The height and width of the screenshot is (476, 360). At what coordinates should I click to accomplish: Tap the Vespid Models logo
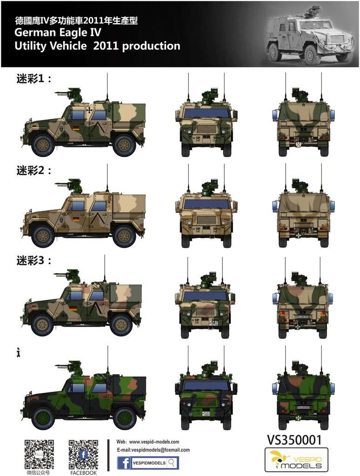click(x=296, y=460)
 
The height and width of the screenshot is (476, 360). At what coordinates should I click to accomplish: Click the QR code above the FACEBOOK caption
click(x=83, y=454)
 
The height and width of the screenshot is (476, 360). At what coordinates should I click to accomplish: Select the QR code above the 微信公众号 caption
click(x=39, y=454)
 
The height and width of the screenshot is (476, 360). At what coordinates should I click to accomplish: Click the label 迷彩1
click(x=34, y=79)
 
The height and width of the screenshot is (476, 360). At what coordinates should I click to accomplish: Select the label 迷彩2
click(x=34, y=170)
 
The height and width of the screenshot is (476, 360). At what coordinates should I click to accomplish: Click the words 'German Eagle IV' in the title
click(x=58, y=33)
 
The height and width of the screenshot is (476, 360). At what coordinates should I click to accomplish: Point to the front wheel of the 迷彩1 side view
click(x=43, y=145)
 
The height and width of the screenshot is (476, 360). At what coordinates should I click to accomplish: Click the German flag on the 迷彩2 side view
click(x=76, y=218)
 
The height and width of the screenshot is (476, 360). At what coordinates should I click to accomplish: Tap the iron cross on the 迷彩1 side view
click(x=88, y=111)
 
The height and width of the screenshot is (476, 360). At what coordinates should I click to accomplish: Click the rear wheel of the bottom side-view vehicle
click(x=125, y=417)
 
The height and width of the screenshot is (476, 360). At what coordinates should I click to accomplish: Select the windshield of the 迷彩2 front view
click(x=206, y=204)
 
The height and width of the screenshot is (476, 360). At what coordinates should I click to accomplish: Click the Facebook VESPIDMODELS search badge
click(x=148, y=463)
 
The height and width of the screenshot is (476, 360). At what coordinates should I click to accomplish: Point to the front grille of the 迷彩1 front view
click(x=206, y=128)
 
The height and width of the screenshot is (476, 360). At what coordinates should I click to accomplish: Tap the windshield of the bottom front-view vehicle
click(x=206, y=385)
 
